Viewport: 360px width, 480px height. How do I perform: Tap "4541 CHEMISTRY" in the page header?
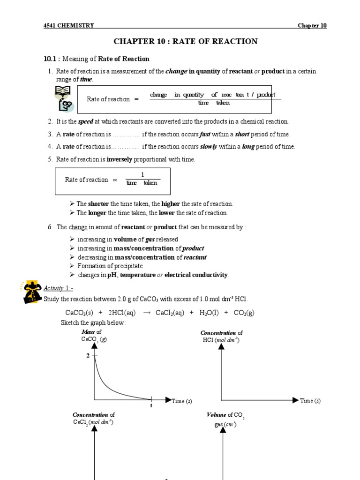pos(68,25)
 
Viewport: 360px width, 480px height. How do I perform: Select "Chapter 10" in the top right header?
pos(312,25)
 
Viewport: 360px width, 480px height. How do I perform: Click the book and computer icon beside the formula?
pos(64,98)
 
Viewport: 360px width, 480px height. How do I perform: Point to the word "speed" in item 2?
pos(86,121)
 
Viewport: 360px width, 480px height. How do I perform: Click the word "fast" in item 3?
pos(205,134)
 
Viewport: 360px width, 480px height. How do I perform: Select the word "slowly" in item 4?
pos(209,147)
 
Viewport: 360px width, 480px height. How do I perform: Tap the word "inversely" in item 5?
pos(120,159)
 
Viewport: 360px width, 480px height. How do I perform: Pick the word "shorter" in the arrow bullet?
pos(98,204)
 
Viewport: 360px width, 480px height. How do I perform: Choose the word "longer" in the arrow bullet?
pos(97,213)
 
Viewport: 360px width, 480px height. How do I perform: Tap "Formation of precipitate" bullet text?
pos(110,266)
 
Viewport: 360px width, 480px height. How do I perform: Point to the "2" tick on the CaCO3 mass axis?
pos(88,356)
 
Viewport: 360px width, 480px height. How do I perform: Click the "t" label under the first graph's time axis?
pos(151,405)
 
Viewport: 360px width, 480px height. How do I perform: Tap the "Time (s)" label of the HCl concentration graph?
pos(310,401)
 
